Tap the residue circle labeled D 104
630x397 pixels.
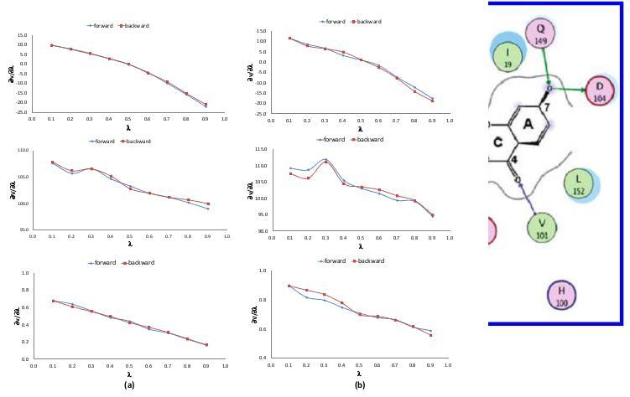(600, 90)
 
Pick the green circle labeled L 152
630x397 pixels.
(578, 183)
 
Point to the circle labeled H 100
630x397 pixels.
(561, 296)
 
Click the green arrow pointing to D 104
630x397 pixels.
(570, 88)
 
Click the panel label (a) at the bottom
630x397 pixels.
(128, 384)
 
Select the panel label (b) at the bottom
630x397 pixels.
(360, 384)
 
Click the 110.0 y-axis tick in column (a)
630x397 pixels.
(23, 150)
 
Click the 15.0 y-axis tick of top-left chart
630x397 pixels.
(23, 34)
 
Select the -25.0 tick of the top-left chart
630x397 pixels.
(22, 112)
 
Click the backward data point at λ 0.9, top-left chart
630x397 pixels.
(206, 105)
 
